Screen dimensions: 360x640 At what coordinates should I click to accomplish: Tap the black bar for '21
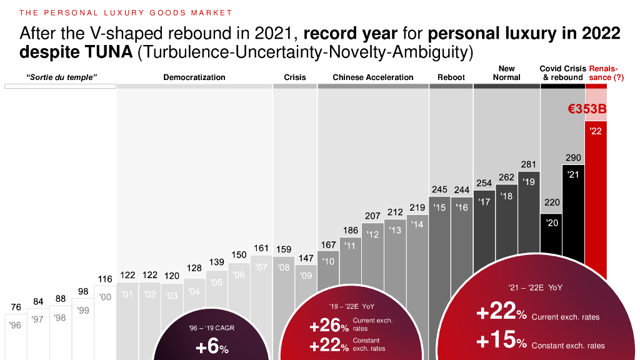(573, 206)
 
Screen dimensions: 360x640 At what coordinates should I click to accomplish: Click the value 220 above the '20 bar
(552, 202)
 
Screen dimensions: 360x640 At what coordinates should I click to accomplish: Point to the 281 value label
(529, 164)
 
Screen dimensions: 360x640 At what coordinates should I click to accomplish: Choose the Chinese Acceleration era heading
(373, 77)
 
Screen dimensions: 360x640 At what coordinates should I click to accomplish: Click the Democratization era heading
(194, 77)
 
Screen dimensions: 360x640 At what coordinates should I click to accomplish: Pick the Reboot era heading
(451, 77)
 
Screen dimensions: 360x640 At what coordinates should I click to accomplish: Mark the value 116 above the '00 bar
(105, 279)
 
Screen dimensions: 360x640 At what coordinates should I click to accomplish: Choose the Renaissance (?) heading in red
(606, 72)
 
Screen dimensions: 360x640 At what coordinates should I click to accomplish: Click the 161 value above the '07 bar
(261, 248)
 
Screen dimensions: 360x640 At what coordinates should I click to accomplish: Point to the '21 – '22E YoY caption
(535, 288)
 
